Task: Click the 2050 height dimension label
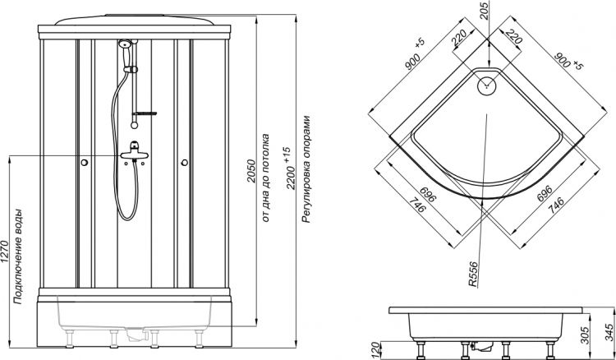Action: [x=251, y=171]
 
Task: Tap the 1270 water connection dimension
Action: [x=5, y=252]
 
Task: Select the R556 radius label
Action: [x=474, y=275]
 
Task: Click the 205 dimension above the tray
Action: [x=484, y=11]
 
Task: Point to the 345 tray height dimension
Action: [x=609, y=332]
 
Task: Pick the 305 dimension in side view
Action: [x=585, y=335]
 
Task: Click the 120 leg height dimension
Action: [x=376, y=350]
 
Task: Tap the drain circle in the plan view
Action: [x=487, y=85]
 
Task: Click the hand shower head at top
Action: [x=125, y=44]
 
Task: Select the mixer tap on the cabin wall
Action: [x=135, y=151]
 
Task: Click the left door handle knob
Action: [x=84, y=162]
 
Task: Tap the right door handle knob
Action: [x=184, y=162]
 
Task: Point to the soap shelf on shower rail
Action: [x=145, y=113]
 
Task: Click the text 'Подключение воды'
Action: [x=18, y=256]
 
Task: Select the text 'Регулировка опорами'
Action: [x=306, y=169]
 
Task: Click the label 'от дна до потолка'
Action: [x=265, y=178]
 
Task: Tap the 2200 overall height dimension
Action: [x=290, y=168]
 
